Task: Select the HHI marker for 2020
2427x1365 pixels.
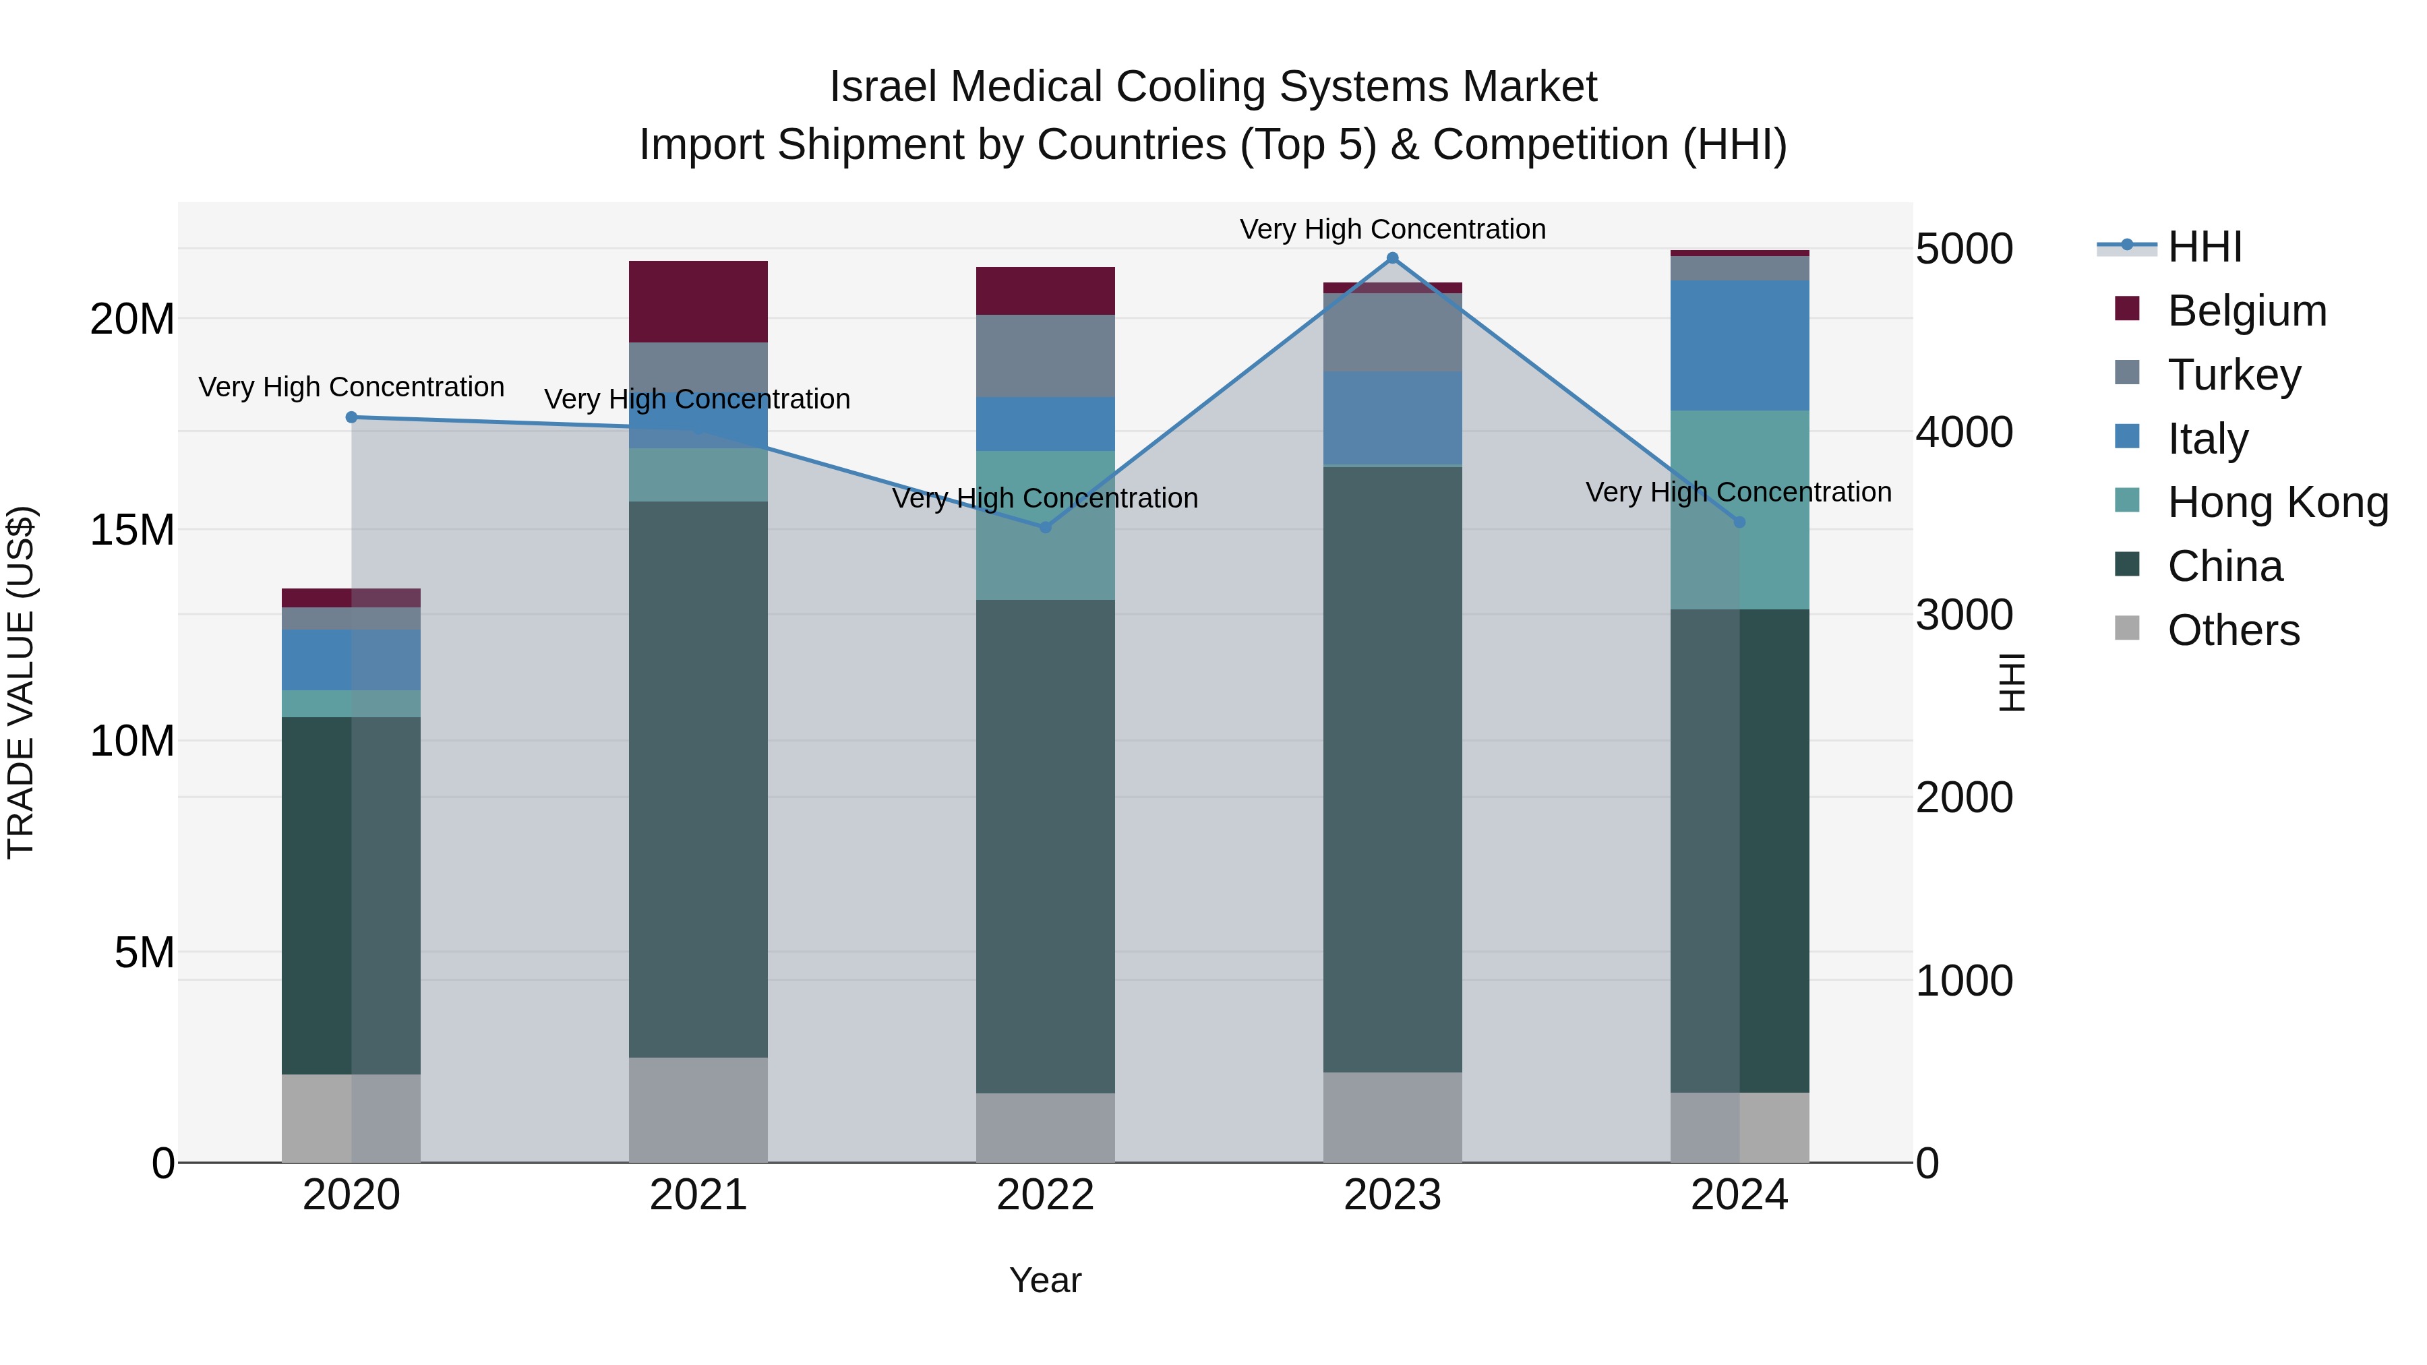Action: pyautogui.click(x=351, y=417)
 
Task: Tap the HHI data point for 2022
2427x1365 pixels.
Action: pyautogui.click(x=1045, y=528)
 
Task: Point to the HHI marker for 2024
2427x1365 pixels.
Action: pyautogui.click(x=1739, y=522)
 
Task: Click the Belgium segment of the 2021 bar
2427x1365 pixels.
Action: pyautogui.click(x=698, y=301)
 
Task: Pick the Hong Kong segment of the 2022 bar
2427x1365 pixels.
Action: pyautogui.click(x=1045, y=526)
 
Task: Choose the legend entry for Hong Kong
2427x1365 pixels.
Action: pyautogui.click(x=2277, y=502)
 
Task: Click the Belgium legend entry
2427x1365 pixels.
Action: pyautogui.click(x=2246, y=311)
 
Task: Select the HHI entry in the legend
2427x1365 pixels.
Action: pyautogui.click(x=2204, y=247)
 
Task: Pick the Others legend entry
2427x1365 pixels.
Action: pyautogui.click(x=2233, y=630)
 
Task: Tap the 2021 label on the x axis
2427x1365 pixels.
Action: pyautogui.click(x=698, y=1195)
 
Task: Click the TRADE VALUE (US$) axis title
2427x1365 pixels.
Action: pyautogui.click(x=21, y=682)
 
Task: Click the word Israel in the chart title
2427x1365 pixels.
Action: pyautogui.click(x=884, y=88)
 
